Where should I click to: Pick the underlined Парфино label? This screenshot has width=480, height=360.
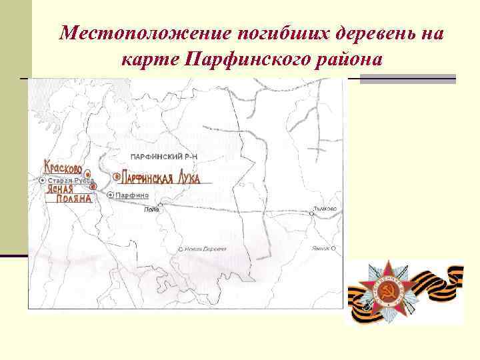[x=132, y=195]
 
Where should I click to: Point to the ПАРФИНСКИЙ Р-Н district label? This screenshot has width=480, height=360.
[x=165, y=156]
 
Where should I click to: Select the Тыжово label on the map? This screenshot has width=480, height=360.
[x=325, y=209]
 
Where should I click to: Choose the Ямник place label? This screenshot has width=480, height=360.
[x=321, y=247]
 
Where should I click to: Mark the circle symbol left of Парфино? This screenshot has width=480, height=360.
[x=111, y=195]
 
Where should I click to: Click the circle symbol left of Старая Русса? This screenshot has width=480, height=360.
[x=43, y=180]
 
